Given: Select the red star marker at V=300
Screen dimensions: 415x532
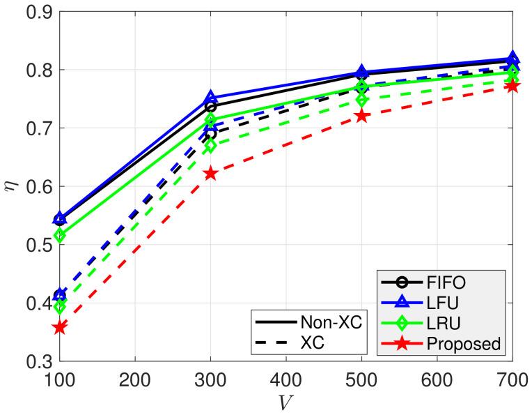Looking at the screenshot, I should [210, 173].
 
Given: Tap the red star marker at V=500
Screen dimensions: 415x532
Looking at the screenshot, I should [362, 115].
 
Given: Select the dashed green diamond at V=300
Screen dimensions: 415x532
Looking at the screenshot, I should [210, 146].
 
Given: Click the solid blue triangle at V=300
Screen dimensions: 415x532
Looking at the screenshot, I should [210, 98].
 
